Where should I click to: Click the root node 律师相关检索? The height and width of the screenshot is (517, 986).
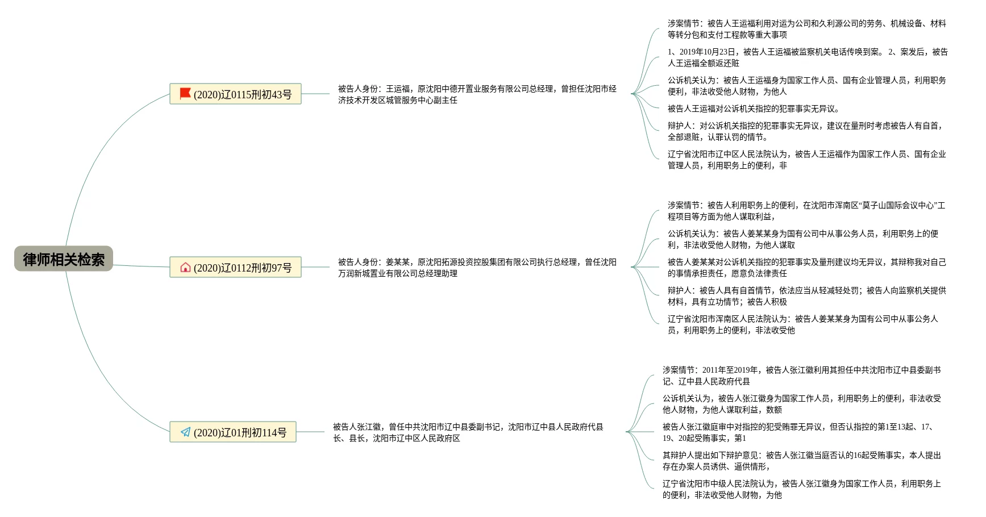64,259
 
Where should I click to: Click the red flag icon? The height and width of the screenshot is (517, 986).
185,94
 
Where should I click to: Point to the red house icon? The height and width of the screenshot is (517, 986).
185,267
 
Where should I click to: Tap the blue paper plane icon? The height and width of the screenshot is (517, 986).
185,432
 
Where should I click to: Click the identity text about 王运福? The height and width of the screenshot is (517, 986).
477,94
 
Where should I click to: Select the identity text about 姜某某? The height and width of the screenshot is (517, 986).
477,268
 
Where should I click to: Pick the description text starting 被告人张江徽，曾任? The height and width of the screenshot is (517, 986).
468,432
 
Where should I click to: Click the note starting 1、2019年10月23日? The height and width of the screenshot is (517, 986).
807,57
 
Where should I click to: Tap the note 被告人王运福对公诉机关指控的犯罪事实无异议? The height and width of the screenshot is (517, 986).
754,109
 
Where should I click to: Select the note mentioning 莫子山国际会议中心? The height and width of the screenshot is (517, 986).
806,211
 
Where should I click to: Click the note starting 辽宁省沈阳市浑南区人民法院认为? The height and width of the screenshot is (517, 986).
802,324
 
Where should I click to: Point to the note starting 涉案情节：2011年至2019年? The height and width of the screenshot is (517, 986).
801,376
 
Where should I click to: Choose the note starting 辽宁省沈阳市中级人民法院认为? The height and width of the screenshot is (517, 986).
801,489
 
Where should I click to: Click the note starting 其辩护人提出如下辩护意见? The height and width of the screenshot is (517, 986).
801,461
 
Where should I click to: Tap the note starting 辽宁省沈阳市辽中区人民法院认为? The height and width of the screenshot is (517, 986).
806,160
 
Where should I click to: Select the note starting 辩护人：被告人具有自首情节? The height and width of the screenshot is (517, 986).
806,296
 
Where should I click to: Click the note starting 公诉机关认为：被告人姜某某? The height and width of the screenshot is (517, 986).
802,239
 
